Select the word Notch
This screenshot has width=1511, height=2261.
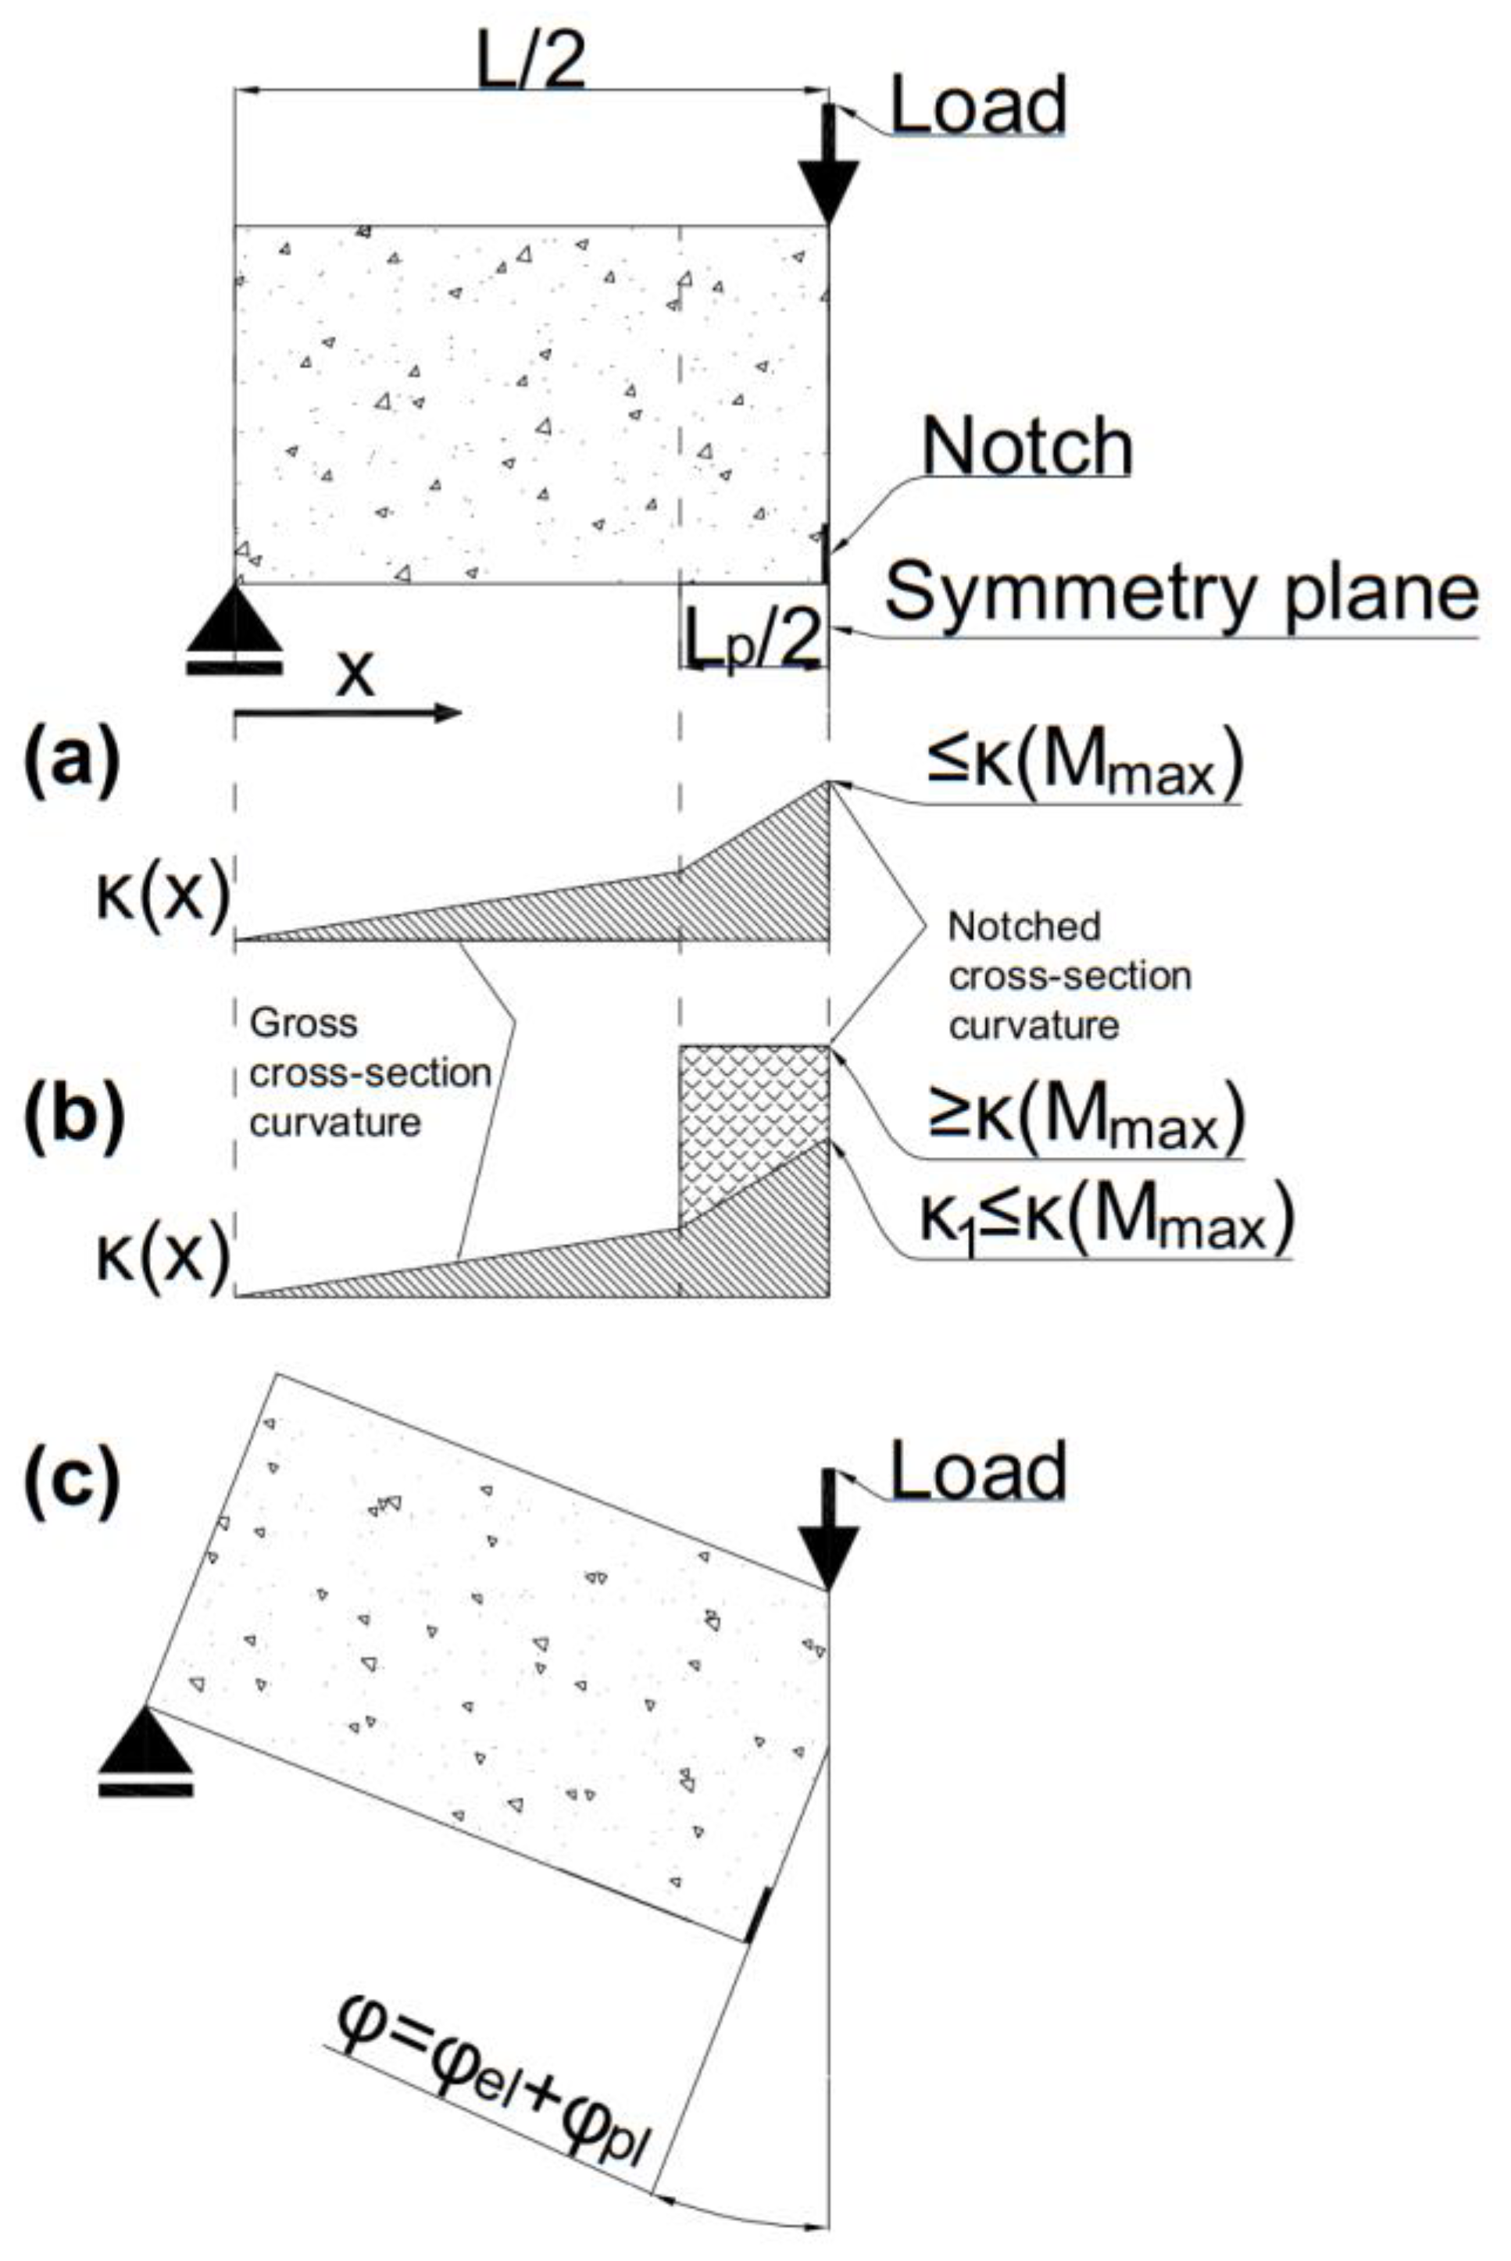click(x=1027, y=447)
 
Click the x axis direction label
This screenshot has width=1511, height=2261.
click(x=355, y=675)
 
